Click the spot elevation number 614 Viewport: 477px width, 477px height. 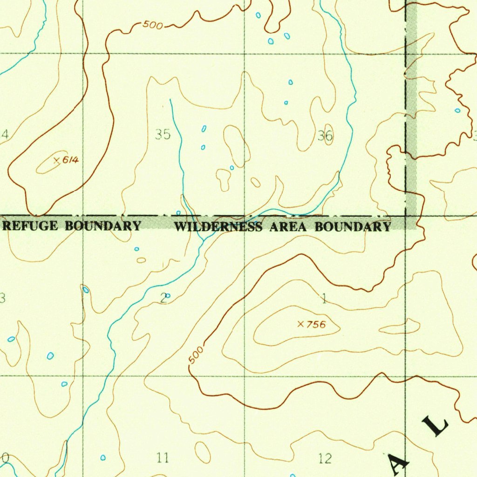(x=71, y=161)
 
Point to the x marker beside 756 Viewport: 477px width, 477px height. (x=300, y=324)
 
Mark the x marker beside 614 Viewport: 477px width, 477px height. (x=57, y=161)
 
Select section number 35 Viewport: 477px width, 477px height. (x=163, y=135)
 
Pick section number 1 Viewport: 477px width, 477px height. (x=324, y=299)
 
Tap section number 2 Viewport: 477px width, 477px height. (x=163, y=299)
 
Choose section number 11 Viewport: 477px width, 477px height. (x=162, y=458)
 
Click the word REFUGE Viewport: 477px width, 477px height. (x=31, y=226)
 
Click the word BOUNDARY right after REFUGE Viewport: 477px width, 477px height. (x=102, y=226)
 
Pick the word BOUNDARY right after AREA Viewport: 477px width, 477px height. (x=352, y=227)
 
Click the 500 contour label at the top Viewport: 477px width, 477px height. (x=153, y=25)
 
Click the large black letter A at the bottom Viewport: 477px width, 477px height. (x=398, y=464)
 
